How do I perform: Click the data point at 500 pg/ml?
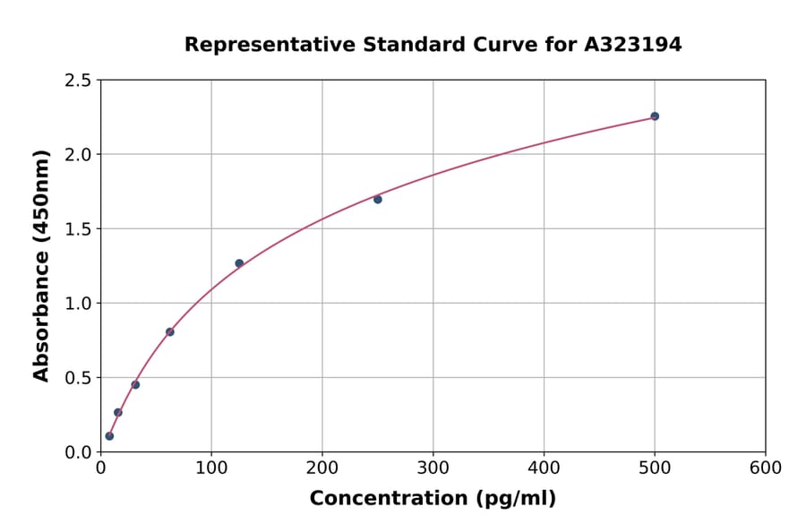point(655,116)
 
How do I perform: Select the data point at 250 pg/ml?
point(378,199)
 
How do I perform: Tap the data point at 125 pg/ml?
point(239,263)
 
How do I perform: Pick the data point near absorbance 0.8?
point(170,332)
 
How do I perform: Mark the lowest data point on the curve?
point(109,436)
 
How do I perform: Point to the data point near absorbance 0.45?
point(135,385)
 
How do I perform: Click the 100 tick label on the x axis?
point(211,468)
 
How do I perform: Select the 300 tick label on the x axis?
point(433,468)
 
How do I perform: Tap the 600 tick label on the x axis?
point(766,468)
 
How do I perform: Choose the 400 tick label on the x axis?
point(544,468)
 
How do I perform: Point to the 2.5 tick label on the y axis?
point(78,81)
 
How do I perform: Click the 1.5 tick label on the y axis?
point(78,229)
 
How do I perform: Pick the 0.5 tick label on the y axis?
point(78,378)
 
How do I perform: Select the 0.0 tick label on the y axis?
point(78,452)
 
